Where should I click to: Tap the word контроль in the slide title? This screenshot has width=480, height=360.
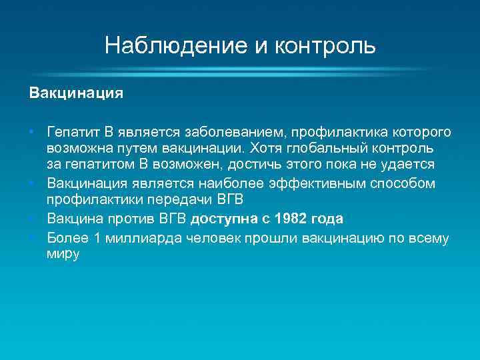click(x=326, y=46)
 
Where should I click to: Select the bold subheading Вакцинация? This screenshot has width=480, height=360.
click(x=76, y=93)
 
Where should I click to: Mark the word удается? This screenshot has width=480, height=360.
click(x=411, y=165)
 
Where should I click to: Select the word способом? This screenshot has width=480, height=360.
click(x=404, y=183)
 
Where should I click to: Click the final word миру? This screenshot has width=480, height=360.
click(x=63, y=255)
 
